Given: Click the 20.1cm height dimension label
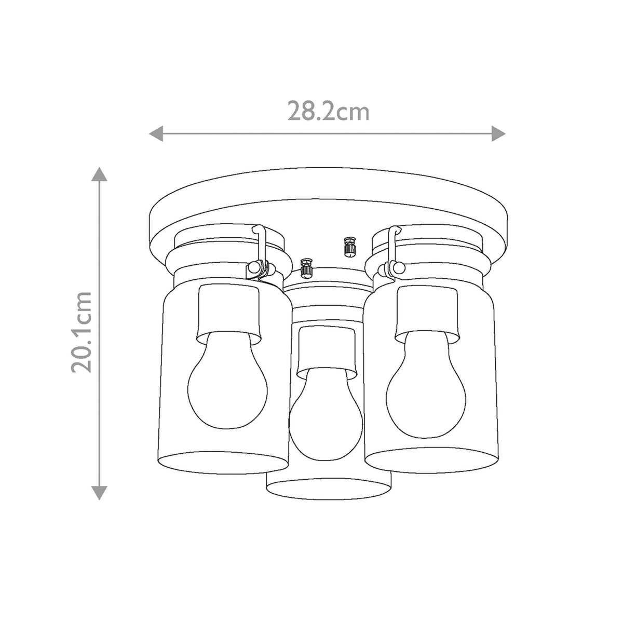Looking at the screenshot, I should coord(82,332).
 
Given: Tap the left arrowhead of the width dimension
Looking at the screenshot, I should coord(156,133).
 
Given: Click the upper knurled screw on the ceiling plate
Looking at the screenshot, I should coord(349,246).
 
